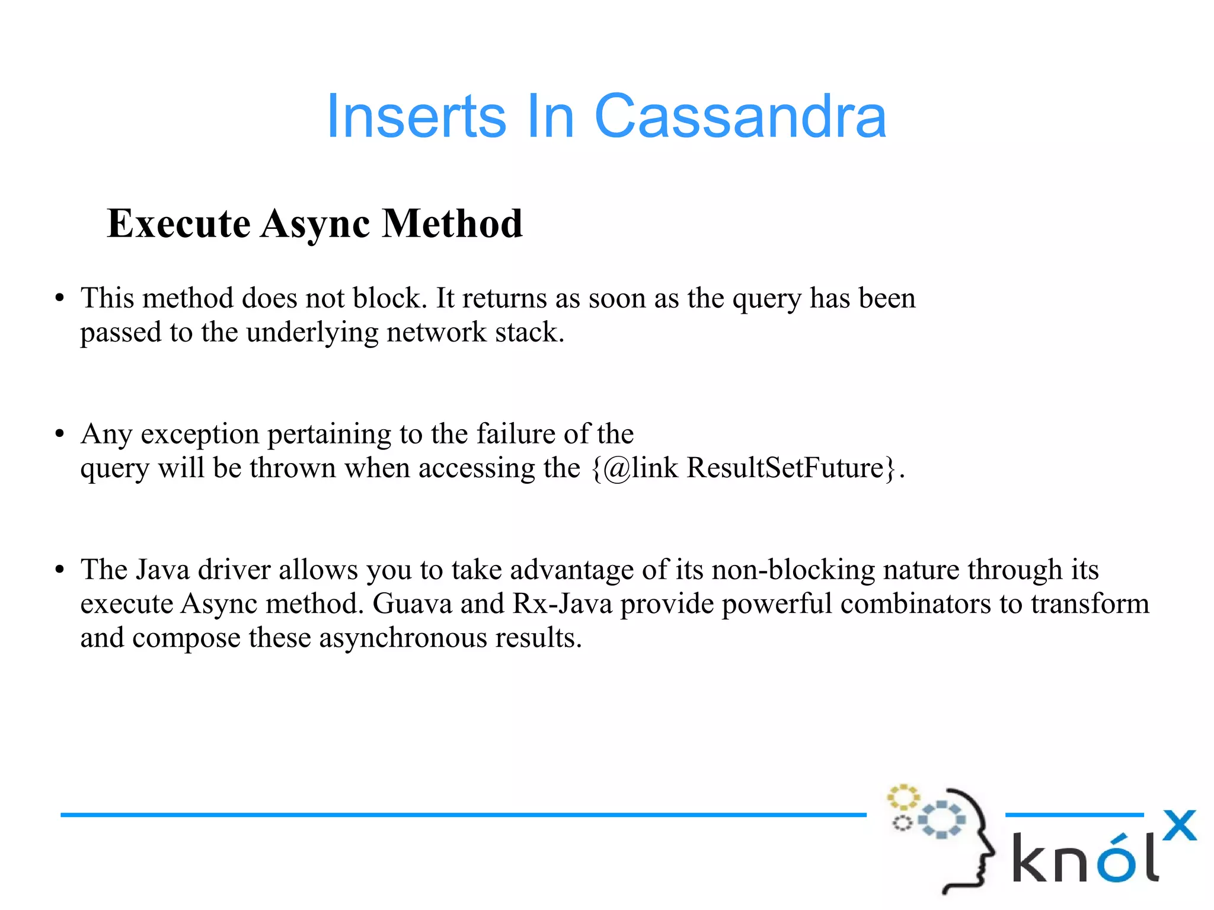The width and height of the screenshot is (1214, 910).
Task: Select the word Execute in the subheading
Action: (x=178, y=224)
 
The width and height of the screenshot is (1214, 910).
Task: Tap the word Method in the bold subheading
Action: (x=452, y=224)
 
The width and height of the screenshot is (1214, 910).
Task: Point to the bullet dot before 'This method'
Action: (x=59, y=299)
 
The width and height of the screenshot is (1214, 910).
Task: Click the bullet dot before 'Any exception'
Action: (x=59, y=435)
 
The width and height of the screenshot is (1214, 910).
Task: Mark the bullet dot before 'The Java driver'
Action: (x=59, y=570)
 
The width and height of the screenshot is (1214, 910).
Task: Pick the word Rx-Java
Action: (x=562, y=604)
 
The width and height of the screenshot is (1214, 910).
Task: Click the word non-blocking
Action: (x=793, y=570)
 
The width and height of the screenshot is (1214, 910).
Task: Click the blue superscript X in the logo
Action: (x=1179, y=826)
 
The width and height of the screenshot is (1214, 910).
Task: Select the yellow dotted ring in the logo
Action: (x=903, y=797)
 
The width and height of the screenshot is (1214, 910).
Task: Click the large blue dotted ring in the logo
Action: (x=941, y=820)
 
